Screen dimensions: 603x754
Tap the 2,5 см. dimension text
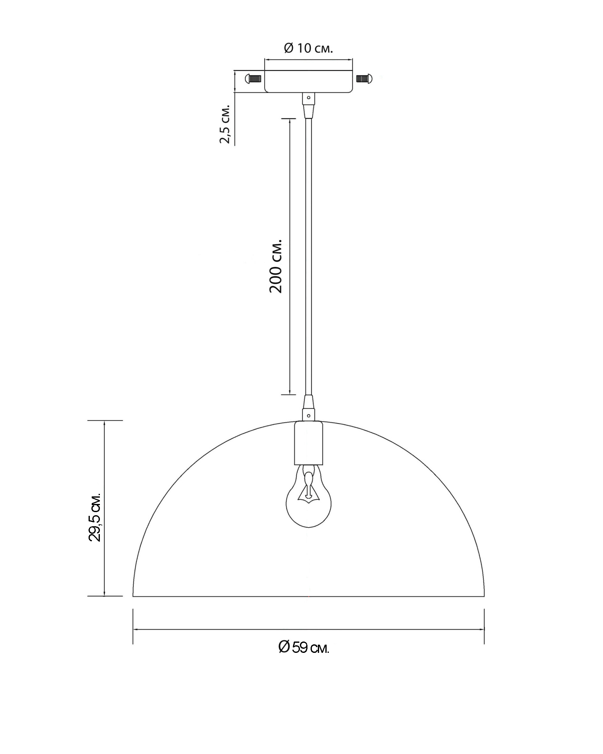click(x=225, y=124)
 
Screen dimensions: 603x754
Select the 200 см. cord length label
click(x=275, y=266)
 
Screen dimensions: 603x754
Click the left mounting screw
click(x=253, y=79)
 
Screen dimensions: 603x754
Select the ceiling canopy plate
click(x=308, y=81)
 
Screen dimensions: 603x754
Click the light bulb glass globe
click(x=308, y=501)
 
